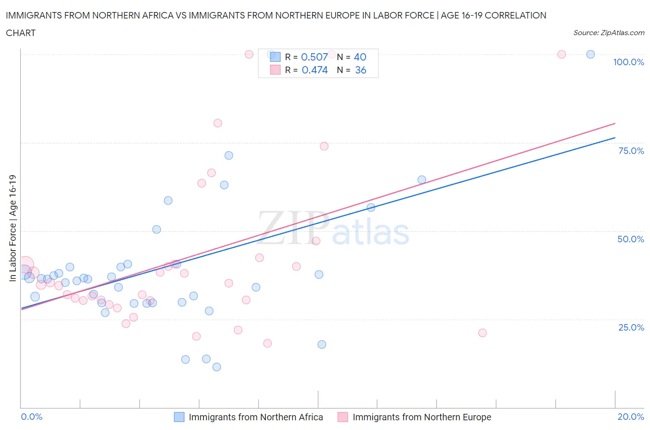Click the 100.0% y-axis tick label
click(x=628, y=62)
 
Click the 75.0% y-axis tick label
click(x=631, y=151)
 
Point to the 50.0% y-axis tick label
click(x=631, y=239)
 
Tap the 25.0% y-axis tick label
click(x=631, y=327)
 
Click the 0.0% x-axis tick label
click(x=31, y=417)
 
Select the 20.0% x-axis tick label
click(x=631, y=417)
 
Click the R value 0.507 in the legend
click(x=314, y=57)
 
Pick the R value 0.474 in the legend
click(x=314, y=70)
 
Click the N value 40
click(x=360, y=57)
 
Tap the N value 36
click(x=361, y=70)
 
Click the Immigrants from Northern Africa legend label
click(x=256, y=417)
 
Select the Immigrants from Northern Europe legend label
click(x=422, y=417)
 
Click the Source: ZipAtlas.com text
click(x=608, y=32)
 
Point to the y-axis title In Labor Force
click(x=12, y=227)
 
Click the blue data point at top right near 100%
click(x=590, y=55)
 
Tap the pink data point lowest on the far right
click(x=482, y=333)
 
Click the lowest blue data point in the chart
click(x=216, y=367)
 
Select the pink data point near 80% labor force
click(x=218, y=123)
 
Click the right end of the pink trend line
click(x=615, y=123)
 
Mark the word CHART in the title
click(x=21, y=33)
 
